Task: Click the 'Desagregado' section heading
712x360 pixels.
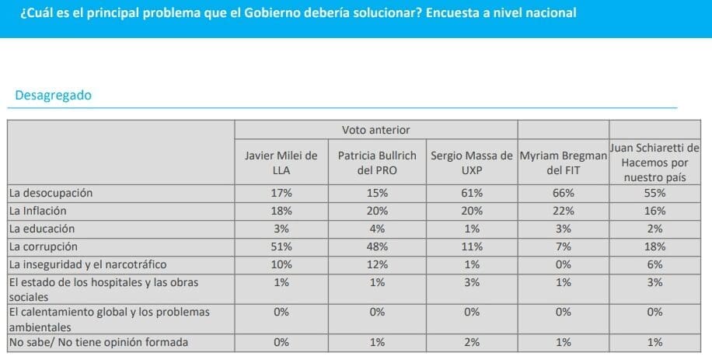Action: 53,96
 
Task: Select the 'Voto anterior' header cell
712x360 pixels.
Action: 375,130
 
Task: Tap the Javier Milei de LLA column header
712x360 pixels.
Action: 281,163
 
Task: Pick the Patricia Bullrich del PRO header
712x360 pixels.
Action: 377,163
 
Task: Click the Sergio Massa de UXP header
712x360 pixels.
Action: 472,163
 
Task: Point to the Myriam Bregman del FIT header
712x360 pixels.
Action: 563,163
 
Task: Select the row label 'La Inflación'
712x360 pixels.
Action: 37,211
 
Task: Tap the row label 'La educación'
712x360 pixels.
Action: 41,229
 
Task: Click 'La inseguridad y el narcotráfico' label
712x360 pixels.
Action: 87,264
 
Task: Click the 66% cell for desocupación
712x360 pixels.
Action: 563,193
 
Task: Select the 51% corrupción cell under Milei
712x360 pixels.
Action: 281,246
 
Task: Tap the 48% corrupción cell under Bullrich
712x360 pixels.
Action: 377,246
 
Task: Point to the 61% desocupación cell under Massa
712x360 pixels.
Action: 472,193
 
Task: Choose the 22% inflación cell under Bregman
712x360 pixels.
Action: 563,211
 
